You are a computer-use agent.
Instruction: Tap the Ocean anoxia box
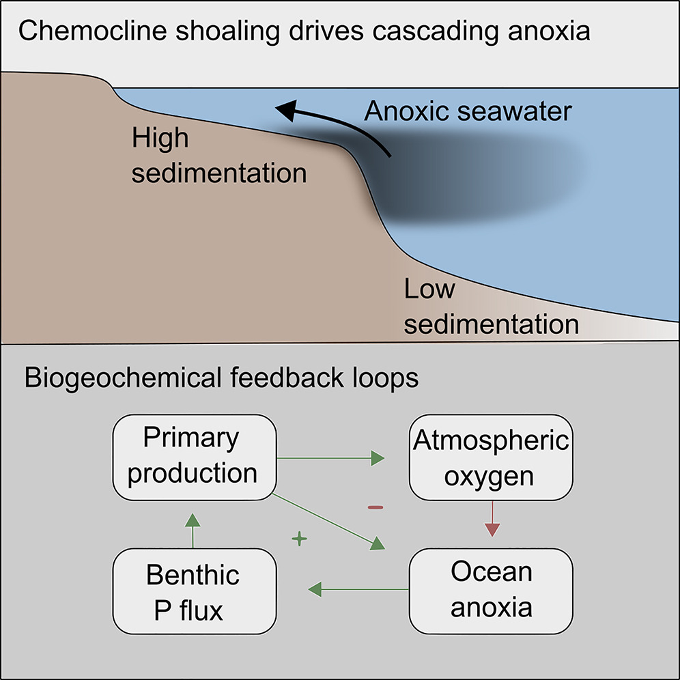491,589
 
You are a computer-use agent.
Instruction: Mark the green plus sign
298,539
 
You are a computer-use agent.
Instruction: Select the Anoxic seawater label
468,111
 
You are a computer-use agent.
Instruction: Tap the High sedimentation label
218,156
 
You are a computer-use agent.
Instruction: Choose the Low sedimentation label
490,307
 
